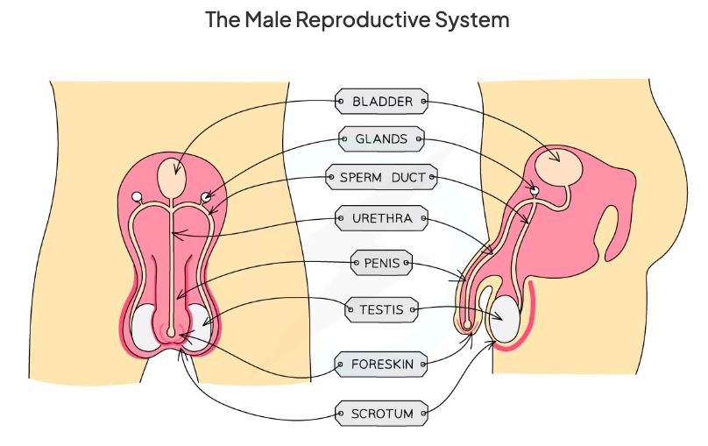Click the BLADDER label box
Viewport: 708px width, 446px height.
pos(382,102)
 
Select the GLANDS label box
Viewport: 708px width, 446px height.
pos(381,139)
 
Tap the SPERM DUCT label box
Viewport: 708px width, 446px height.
pos(381,178)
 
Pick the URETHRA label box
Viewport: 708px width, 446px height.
pos(381,217)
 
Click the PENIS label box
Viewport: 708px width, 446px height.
pos(381,263)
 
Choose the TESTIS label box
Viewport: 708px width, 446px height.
pos(381,309)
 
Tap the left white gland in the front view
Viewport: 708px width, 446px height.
pos(137,196)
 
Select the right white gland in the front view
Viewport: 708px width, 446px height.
pos(206,196)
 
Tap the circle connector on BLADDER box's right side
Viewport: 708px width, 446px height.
pos(424,102)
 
